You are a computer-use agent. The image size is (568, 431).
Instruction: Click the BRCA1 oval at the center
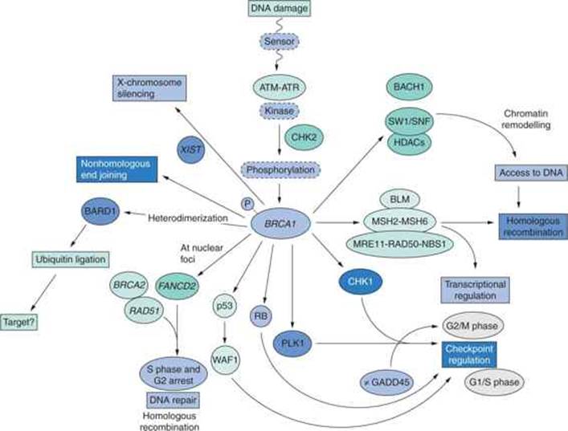coord(280,224)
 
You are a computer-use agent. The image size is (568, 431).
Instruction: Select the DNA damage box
coord(279,8)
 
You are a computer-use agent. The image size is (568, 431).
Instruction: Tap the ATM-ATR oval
coord(279,87)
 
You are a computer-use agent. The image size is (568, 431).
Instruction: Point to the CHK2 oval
coord(304,137)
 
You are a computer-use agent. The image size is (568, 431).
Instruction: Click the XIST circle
coord(191,149)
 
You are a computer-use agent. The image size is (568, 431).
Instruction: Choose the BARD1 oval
coord(100,211)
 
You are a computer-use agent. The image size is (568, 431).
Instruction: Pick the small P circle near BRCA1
coord(247,204)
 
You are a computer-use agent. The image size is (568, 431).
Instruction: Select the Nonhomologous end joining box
coord(116,169)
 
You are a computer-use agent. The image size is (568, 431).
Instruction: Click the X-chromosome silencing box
coord(149,88)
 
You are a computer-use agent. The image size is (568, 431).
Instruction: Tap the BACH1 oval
coord(409,87)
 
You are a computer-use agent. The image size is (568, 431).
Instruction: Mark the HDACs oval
coord(409,143)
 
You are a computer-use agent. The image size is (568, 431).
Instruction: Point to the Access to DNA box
coord(531,173)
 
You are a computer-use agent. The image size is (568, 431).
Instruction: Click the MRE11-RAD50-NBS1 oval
coord(398,244)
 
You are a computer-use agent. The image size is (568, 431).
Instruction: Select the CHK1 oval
coord(361,282)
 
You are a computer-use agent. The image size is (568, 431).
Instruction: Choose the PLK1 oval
coord(292,344)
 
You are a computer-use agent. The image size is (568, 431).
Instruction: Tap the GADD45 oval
coord(387,382)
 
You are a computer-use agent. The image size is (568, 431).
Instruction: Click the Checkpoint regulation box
coord(469,355)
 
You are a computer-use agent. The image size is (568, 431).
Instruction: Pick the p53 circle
coord(225,306)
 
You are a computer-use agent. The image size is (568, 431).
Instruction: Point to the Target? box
coord(19,322)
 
